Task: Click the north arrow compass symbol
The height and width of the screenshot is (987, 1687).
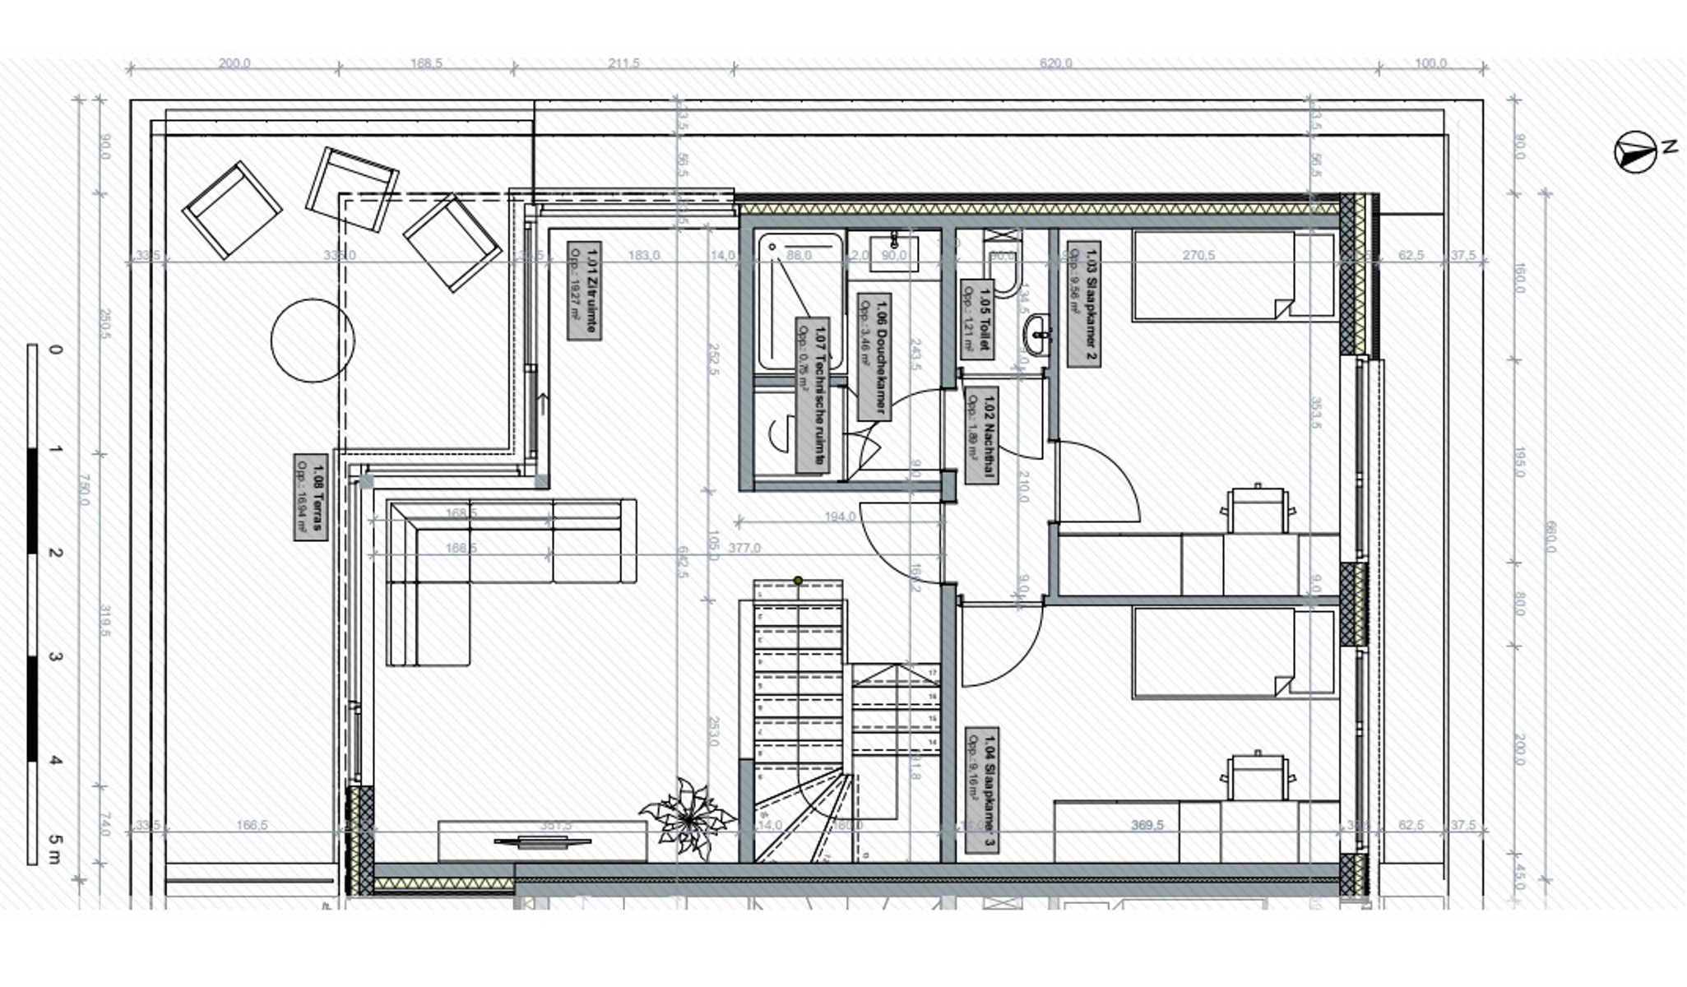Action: pos(1635,153)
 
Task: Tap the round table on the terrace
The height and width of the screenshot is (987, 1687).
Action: pos(313,341)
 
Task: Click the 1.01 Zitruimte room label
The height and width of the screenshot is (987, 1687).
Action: pos(584,290)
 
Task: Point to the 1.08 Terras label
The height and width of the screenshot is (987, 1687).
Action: pos(310,497)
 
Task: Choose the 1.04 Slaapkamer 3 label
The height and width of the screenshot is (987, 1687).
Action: pos(981,790)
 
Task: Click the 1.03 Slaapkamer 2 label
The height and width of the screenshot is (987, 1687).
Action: pos(1083,304)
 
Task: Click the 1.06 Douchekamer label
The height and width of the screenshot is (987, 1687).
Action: pos(874,357)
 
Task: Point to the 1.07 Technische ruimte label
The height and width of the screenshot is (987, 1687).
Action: pos(812,395)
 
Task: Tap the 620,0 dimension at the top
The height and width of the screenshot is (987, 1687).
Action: pos(1055,63)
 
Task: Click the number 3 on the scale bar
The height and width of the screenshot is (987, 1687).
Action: pos(55,657)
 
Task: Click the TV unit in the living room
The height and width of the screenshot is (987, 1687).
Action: pos(542,841)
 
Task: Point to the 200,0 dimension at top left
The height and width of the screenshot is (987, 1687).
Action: pos(234,63)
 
